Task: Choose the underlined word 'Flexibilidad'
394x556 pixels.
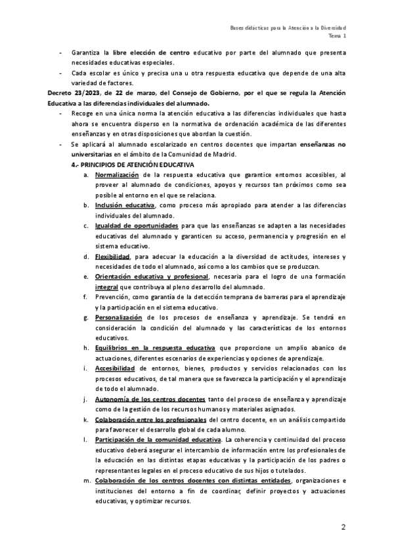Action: (x=113, y=255)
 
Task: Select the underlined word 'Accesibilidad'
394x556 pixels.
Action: (x=116, y=368)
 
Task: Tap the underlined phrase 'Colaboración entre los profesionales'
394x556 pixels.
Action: (x=150, y=419)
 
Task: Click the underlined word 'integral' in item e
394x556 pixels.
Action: (x=107, y=286)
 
